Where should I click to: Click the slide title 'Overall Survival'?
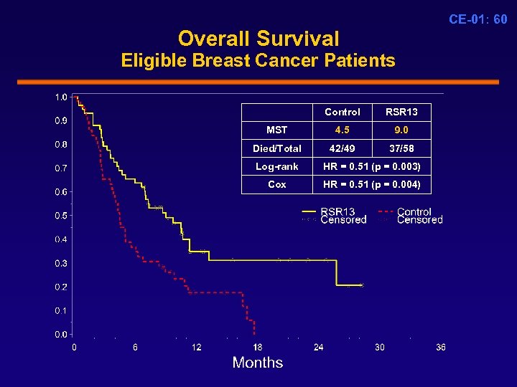click(x=258, y=38)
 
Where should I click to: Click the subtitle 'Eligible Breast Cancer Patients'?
click(x=258, y=60)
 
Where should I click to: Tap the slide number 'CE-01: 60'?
click(x=478, y=19)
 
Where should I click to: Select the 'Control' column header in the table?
click(x=343, y=112)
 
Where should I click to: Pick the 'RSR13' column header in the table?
click(x=401, y=112)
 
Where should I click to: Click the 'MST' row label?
click(x=276, y=130)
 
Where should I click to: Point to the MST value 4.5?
click(x=343, y=130)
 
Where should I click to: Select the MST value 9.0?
click(x=401, y=130)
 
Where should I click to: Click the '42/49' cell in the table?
click(x=343, y=148)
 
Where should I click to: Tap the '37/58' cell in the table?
click(x=401, y=148)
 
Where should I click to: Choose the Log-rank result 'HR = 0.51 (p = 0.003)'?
click(x=372, y=166)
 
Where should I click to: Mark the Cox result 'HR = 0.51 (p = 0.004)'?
click(x=372, y=184)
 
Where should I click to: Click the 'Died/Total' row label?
click(x=276, y=148)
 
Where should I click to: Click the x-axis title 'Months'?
click(x=258, y=363)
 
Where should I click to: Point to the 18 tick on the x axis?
click(x=258, y=347)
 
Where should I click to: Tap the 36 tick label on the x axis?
click(x=440, y=347)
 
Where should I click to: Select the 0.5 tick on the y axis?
click(x=62, y=216)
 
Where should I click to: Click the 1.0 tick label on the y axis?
click(x=62, y=97)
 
